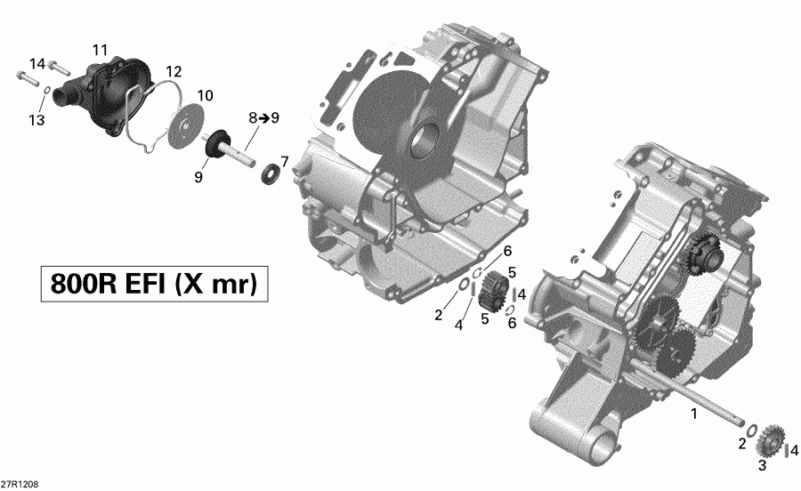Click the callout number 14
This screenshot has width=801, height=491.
coord(36,63)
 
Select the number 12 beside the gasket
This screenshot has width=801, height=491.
coord(173,70)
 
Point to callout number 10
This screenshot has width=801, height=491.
coord(205,95)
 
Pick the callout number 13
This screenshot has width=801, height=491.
coord(36,120)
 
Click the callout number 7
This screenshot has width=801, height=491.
coord(285,161)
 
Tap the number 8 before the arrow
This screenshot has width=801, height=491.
coord(253,117)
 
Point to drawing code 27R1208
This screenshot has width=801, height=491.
coord(19,485)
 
